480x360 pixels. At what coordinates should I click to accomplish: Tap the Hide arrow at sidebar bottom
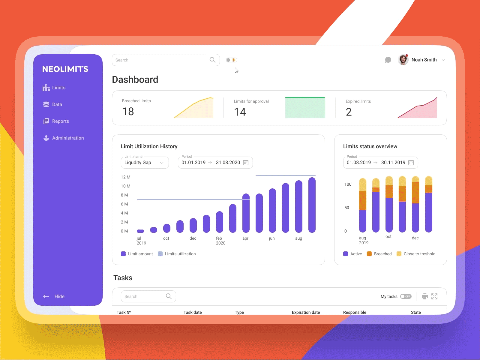[x=46, y=296]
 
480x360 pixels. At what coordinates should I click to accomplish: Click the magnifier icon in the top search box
[x=212, y=60]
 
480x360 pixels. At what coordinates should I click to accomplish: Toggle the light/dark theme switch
[x=231, y=60]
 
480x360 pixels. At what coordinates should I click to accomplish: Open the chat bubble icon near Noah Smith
[x=388, y=60]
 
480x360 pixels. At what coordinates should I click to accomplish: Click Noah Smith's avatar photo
[x=403, y=60]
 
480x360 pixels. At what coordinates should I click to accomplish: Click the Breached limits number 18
[x=128, y=112]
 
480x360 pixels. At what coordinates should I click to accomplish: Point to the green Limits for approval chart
[x=305, y=108]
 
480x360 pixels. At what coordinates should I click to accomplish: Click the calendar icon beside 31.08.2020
[x=246, y=163]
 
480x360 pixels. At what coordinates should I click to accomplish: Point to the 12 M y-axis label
[x=125, y=177]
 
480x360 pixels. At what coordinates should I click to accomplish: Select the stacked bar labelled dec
[x=415, y=204]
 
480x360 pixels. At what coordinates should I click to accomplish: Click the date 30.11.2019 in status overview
[x=393, y=163]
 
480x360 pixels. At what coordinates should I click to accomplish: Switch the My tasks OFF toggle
[x=406, y=296]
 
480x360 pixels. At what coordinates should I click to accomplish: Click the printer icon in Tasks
[x=424, y=296]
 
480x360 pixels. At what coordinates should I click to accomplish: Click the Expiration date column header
[x=306, y=312]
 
